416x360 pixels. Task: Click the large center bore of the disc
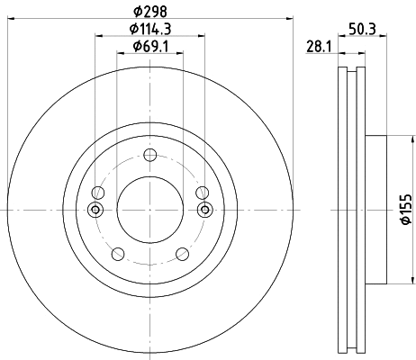(x=150, y=209)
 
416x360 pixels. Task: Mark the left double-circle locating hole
(x=96, y=210)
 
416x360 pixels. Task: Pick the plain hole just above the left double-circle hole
(x=98, y=192)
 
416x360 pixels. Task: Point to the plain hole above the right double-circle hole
(x=203, y=192)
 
